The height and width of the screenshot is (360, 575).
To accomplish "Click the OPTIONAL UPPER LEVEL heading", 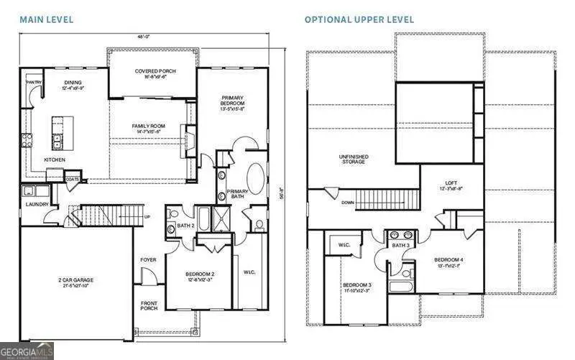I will [x=359, y=19].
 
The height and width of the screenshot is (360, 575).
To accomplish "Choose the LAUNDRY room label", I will [x=36, y=205].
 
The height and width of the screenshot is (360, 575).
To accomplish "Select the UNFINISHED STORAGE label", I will [x=352, y=159].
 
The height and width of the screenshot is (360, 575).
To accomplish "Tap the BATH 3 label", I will [x=400, y=246].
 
